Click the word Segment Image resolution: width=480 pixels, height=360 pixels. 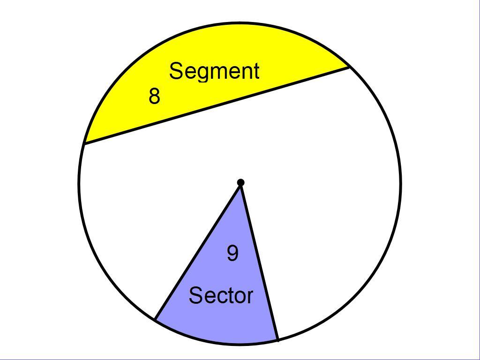coord(214,71)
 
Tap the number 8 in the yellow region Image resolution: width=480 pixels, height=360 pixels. coord(154,96)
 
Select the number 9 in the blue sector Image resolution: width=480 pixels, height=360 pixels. coord(232,253)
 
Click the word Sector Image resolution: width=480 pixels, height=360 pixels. coord(221,296)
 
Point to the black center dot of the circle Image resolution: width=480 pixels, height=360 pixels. coord(240,182)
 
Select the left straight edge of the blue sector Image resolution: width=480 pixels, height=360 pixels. coord(198,251)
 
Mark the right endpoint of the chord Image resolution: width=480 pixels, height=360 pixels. coord(349,67)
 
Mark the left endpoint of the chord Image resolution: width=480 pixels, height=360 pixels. coord(83,143)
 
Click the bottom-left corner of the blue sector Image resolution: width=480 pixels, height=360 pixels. coord(155,320)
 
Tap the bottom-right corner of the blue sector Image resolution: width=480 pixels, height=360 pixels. coord(278,339)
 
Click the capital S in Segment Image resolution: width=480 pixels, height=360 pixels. coord(175,71)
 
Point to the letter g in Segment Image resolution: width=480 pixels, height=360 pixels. coord(203,73)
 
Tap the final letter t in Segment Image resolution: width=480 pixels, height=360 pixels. coord(256,71)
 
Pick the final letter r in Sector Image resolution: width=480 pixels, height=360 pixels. coord(250,297)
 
